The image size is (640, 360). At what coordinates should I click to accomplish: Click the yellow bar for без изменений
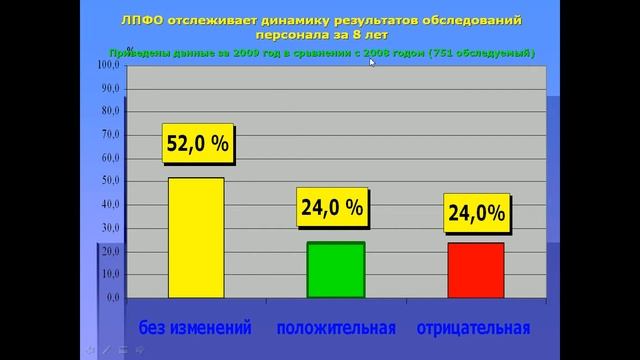pyautogui.click(x=196, y=237)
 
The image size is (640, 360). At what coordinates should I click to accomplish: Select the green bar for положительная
pyautogui.click(x=336, y=270)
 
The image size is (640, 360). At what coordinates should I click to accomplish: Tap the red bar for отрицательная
pyautogui.click(x=475, y=270)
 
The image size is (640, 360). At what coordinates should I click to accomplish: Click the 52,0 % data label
pyautogui.click(x=198, y=144)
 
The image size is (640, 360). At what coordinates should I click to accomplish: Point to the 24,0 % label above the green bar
pyautogui.click(x=332, y=208)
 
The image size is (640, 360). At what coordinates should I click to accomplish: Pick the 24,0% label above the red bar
pyautogui.click(x=476, y=212)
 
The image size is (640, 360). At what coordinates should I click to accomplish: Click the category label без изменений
pyautogui.click(x=194, y=328)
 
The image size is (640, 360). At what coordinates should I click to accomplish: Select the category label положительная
pyautogui.click(x=336, y=328)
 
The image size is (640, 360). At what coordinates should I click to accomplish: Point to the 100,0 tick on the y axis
pyautogui.click(x=108, y=65)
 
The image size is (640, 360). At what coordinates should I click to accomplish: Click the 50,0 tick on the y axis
pyautogui.click(x=110, y=181)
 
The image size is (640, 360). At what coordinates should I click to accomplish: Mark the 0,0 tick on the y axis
pyautogui.click(x=112, y=298)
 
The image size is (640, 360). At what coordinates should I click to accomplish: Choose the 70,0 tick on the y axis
pyautogui.click(x=110, y=135)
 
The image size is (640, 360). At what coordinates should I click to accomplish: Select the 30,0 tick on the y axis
pyautogui.click(x=110, y=228)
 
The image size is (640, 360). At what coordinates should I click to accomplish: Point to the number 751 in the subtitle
pyautogui.click(x=441, y=51)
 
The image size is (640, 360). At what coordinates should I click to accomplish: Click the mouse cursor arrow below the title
pyautogui.click(x=372, y=62)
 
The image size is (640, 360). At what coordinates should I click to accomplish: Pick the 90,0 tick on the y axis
pyautogui.click(x=110, y=88)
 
